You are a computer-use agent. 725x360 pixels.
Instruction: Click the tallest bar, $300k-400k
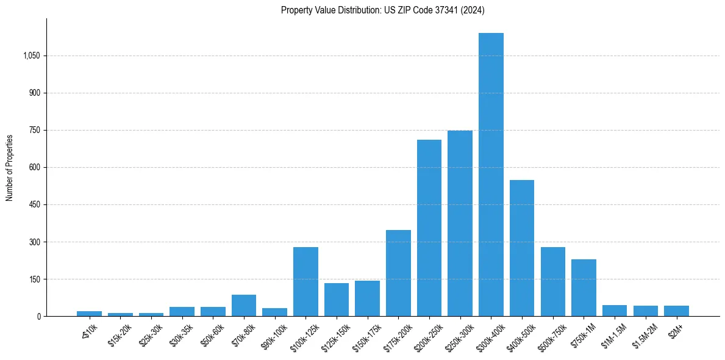click(491, 175)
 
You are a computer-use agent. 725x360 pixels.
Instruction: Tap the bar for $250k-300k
click(460, 223)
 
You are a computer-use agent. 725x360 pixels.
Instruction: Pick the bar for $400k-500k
click(522, 248)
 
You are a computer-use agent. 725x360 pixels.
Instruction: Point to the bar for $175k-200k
click(398, 273)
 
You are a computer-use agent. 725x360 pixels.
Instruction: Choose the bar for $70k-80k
click(244, 305)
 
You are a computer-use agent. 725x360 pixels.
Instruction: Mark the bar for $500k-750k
click(553, 281)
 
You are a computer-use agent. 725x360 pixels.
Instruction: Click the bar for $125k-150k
click(337, 300)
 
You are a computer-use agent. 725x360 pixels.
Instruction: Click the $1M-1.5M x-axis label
click(614, 334)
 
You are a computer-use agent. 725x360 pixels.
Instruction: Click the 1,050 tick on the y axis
click(31, 56)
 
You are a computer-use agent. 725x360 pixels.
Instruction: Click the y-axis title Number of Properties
click(9, 167)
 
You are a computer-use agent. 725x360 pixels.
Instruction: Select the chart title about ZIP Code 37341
click(382, 10)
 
